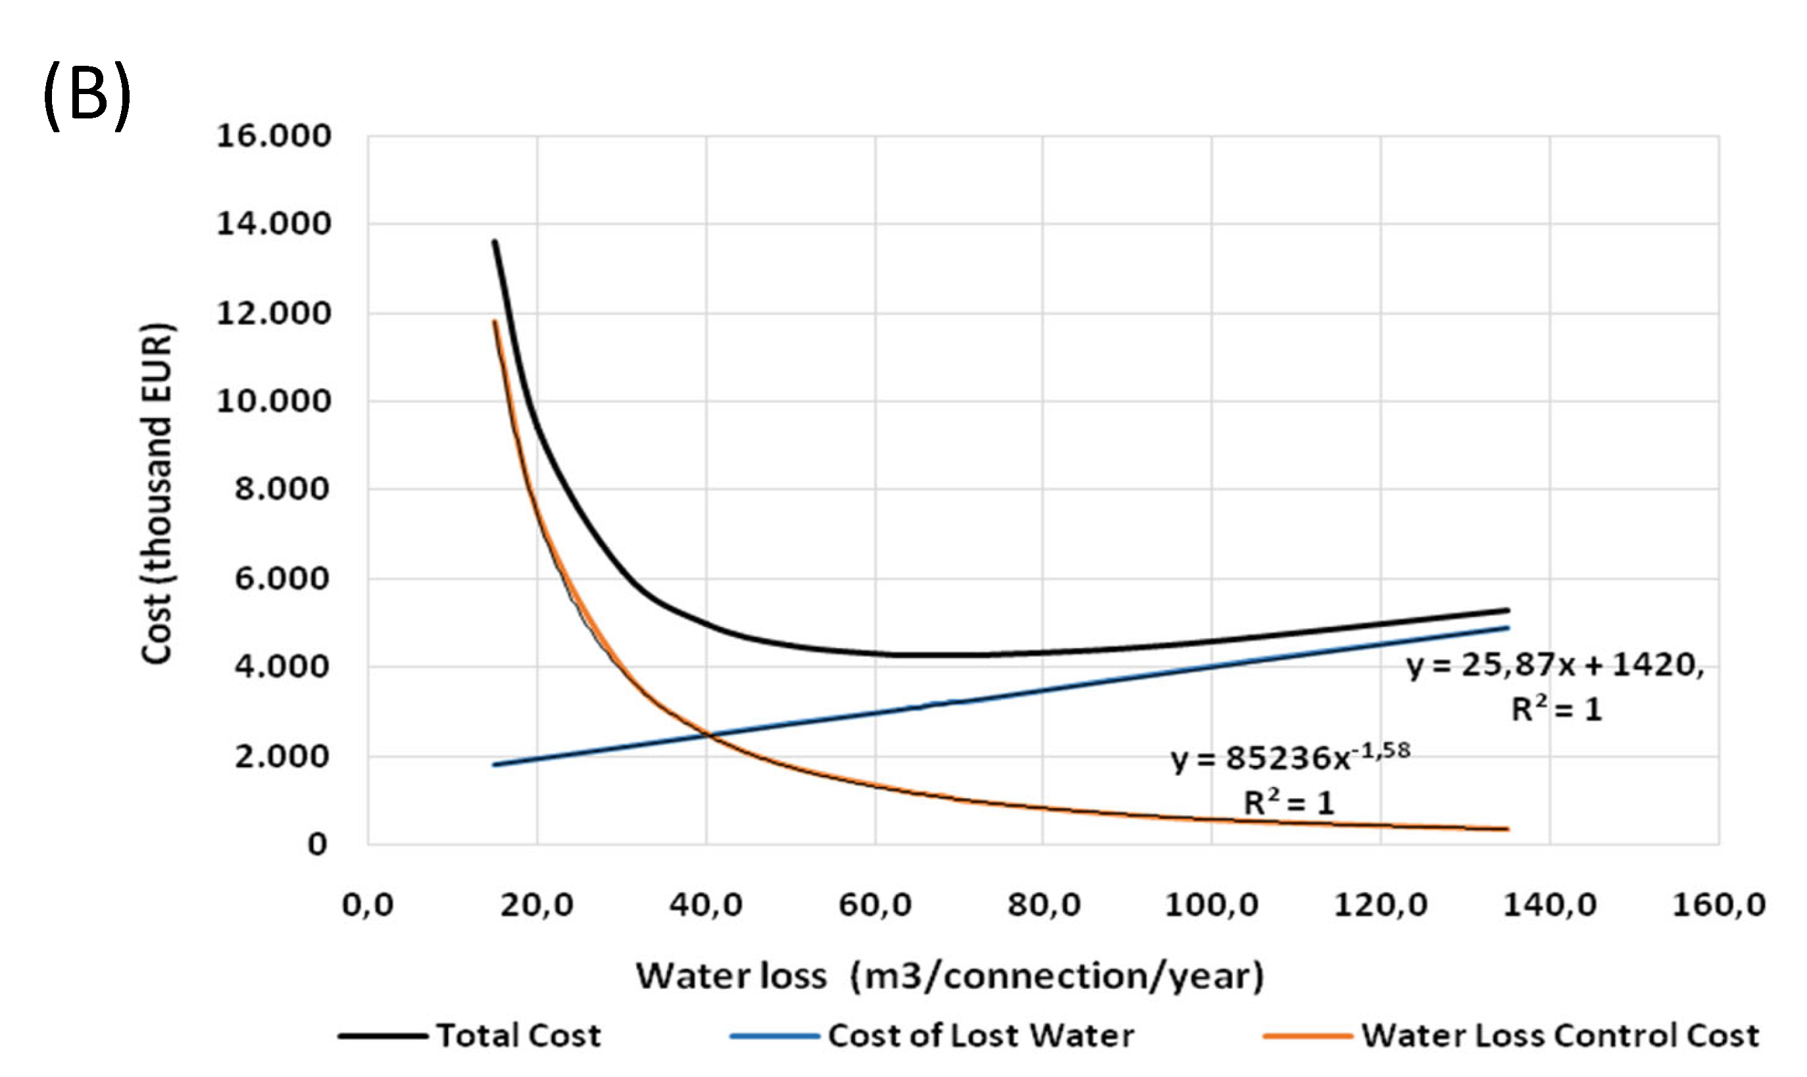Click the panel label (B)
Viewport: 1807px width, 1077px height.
[x=87, y=95]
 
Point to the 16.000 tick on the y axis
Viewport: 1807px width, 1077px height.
[x=274, y=136]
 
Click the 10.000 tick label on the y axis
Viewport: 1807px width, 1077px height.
[x=274, y=401]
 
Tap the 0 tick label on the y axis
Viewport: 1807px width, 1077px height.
[x=317, y=844]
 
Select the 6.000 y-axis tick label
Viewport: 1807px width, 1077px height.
[x=282, y=578]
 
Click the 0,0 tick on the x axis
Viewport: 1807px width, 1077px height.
[x=368, y=905]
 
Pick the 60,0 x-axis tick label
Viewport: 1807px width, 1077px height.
[x=875, y=905]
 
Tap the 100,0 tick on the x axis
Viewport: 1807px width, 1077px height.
[x=1212, y=905]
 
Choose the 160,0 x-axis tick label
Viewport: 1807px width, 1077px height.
[x=1718, y=905]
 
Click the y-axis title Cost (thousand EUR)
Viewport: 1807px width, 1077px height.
[x=157, y=493]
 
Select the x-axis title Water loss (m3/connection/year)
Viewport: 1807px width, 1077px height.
[x=950, y=976]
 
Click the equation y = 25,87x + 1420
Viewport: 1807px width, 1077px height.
[x=1554, y=664]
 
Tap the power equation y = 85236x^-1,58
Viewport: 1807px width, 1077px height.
[x=1290, y=758]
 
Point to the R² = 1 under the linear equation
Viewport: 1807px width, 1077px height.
[x=1556, y=709]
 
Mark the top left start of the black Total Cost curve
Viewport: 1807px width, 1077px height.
[x=495, y=241]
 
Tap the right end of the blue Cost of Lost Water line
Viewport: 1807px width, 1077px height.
[x=1508, y=628]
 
